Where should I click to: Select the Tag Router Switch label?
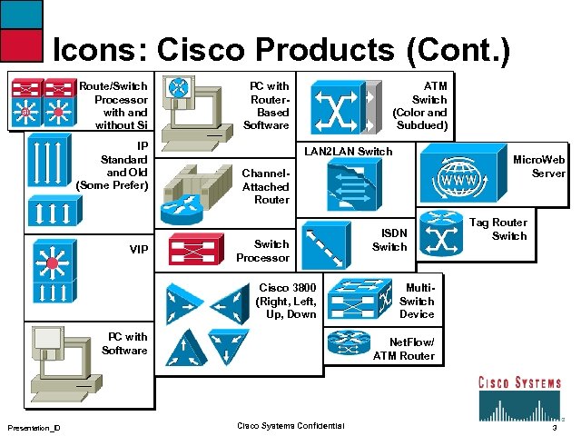click(509, 229)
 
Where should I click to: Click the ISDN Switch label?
click(389, 240)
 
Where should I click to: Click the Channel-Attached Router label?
click(266, 186)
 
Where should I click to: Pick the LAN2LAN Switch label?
click(349, 151)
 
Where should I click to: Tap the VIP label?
click(139, 249)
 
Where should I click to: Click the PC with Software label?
click(125, 343)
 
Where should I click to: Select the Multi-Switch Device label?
click(417, 301)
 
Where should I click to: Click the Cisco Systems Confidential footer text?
click(290, 426)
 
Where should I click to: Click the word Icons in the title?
click(96, 50)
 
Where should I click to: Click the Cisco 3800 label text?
click(287, 302)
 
